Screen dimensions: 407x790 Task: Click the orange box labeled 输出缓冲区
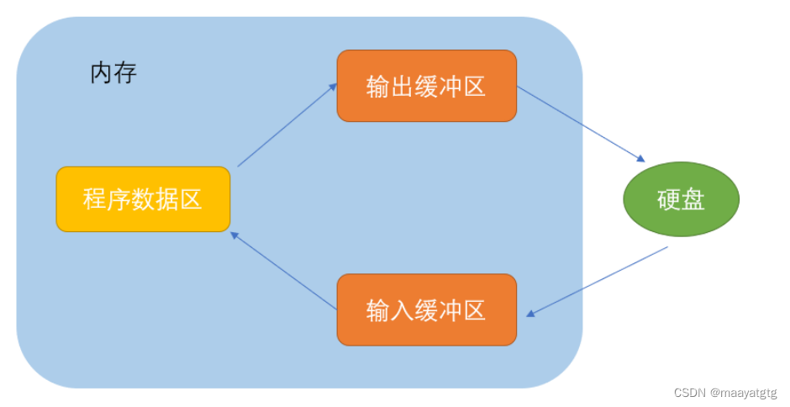point(426,86)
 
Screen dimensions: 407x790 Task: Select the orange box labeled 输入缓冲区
point(426,309)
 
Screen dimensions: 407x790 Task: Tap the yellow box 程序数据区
point(143,199)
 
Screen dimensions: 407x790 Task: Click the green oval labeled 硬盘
point(681,199)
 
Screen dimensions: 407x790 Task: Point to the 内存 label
point(113,73)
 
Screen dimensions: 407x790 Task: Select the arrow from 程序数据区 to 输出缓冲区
point(287,124)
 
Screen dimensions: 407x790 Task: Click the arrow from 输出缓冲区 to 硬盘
point(580,123)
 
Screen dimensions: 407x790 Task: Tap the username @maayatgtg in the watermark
point(743,392)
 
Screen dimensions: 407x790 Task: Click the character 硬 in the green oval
point(669,200)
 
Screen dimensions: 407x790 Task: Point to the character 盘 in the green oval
point(693,200)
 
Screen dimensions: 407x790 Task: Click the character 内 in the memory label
point(102,73)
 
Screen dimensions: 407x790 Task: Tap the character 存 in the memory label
point(125,73)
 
